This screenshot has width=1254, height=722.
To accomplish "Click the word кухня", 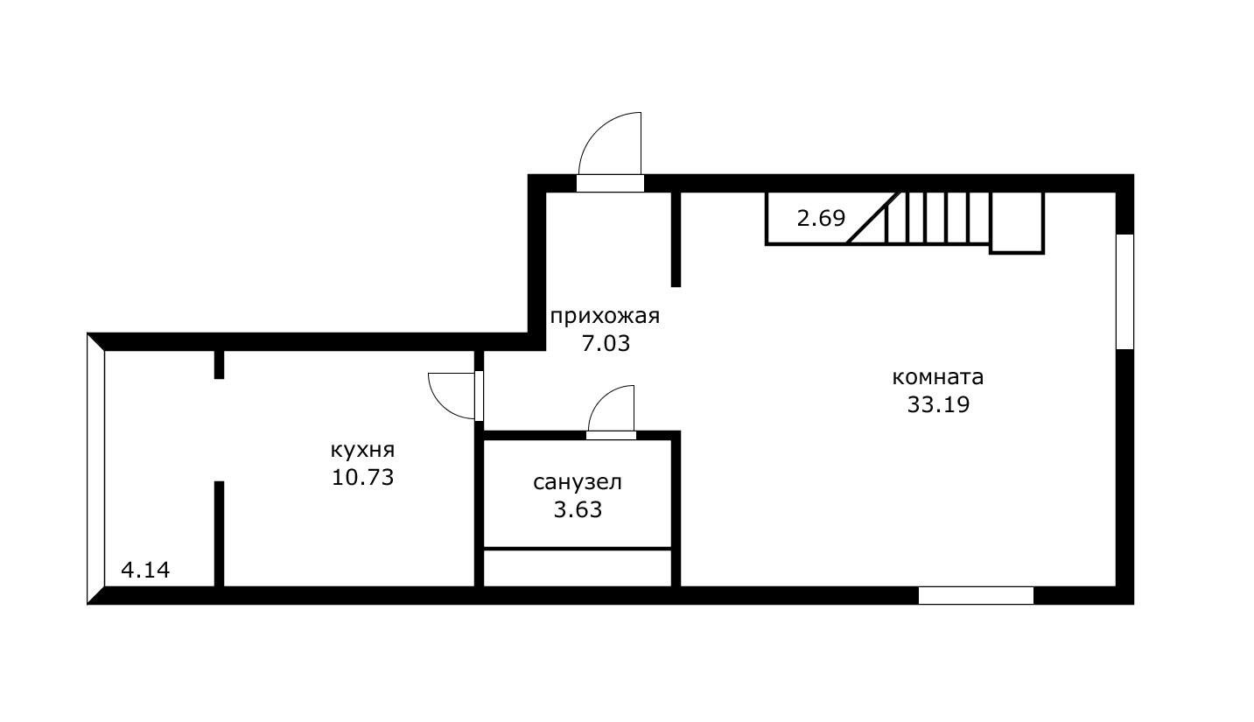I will click(x=362, y=450).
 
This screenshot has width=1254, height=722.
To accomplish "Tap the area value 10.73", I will click(x=362, y=478).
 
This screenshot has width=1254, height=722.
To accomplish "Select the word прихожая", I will click(x=605, y=316).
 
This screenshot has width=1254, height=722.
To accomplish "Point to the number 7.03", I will click(x=606, y=343).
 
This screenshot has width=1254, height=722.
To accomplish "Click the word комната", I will click(x=938, y=377).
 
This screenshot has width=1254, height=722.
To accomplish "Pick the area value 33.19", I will click(x=938, y=405).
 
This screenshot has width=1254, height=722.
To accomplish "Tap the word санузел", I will click(x=578, y=482).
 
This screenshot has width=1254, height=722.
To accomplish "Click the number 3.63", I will click(x=578, y=509).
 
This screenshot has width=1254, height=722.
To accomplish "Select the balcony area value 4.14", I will click(x=145, y=571).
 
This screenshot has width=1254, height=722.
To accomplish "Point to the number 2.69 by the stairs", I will click(x=821, y=218).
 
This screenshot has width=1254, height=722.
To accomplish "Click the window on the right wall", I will click(x=1124, y=291).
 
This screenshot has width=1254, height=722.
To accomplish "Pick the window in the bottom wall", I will click(x=976, y=596).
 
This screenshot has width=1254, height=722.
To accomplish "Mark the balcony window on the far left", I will click(x=96, y=469).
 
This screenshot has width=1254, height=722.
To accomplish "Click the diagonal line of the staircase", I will click(x=873, y=218).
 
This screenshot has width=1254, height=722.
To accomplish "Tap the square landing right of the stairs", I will click(x=1017, y=223).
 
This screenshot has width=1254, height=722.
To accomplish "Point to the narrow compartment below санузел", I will click(x=578, y=568).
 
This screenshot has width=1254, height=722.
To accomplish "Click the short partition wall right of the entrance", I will click(x=676, y=239).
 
